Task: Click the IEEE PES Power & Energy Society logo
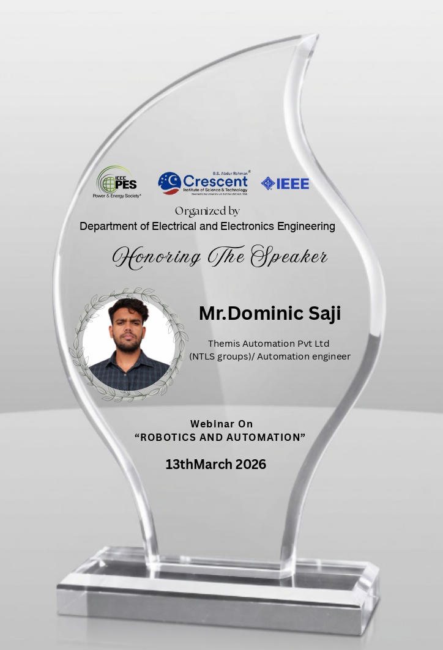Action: (x=117, y=182)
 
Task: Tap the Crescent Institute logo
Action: (x=203, y=183)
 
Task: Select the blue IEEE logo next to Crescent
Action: (x=285, y=183)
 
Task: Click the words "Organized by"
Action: (x=207, y=211)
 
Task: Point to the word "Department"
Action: (x=105, y=227)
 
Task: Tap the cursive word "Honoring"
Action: (x=156, y=256)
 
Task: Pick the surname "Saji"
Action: (x=324, y=313)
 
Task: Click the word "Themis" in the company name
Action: (x=225, y=344)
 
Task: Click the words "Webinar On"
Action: (x=221, y=424)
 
